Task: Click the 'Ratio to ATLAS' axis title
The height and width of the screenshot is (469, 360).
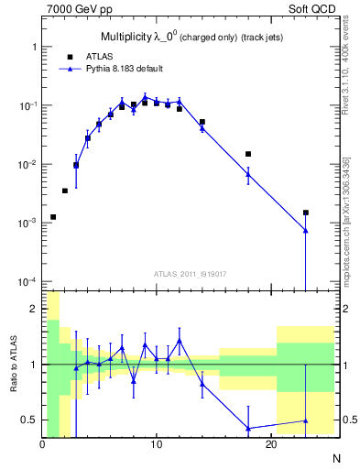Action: point(13,364)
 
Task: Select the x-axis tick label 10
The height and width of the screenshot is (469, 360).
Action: point(157,444)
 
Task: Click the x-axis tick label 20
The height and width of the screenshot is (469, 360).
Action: point(271,444)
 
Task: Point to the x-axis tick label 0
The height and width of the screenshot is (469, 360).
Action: point(42,444)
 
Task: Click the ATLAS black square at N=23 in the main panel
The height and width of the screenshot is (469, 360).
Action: point(306,213)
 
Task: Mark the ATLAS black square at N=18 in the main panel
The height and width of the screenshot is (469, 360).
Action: point(248,154)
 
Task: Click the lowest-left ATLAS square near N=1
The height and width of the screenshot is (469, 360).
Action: point(53,217)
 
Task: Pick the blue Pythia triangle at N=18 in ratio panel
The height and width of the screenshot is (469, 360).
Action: point(248,429)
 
